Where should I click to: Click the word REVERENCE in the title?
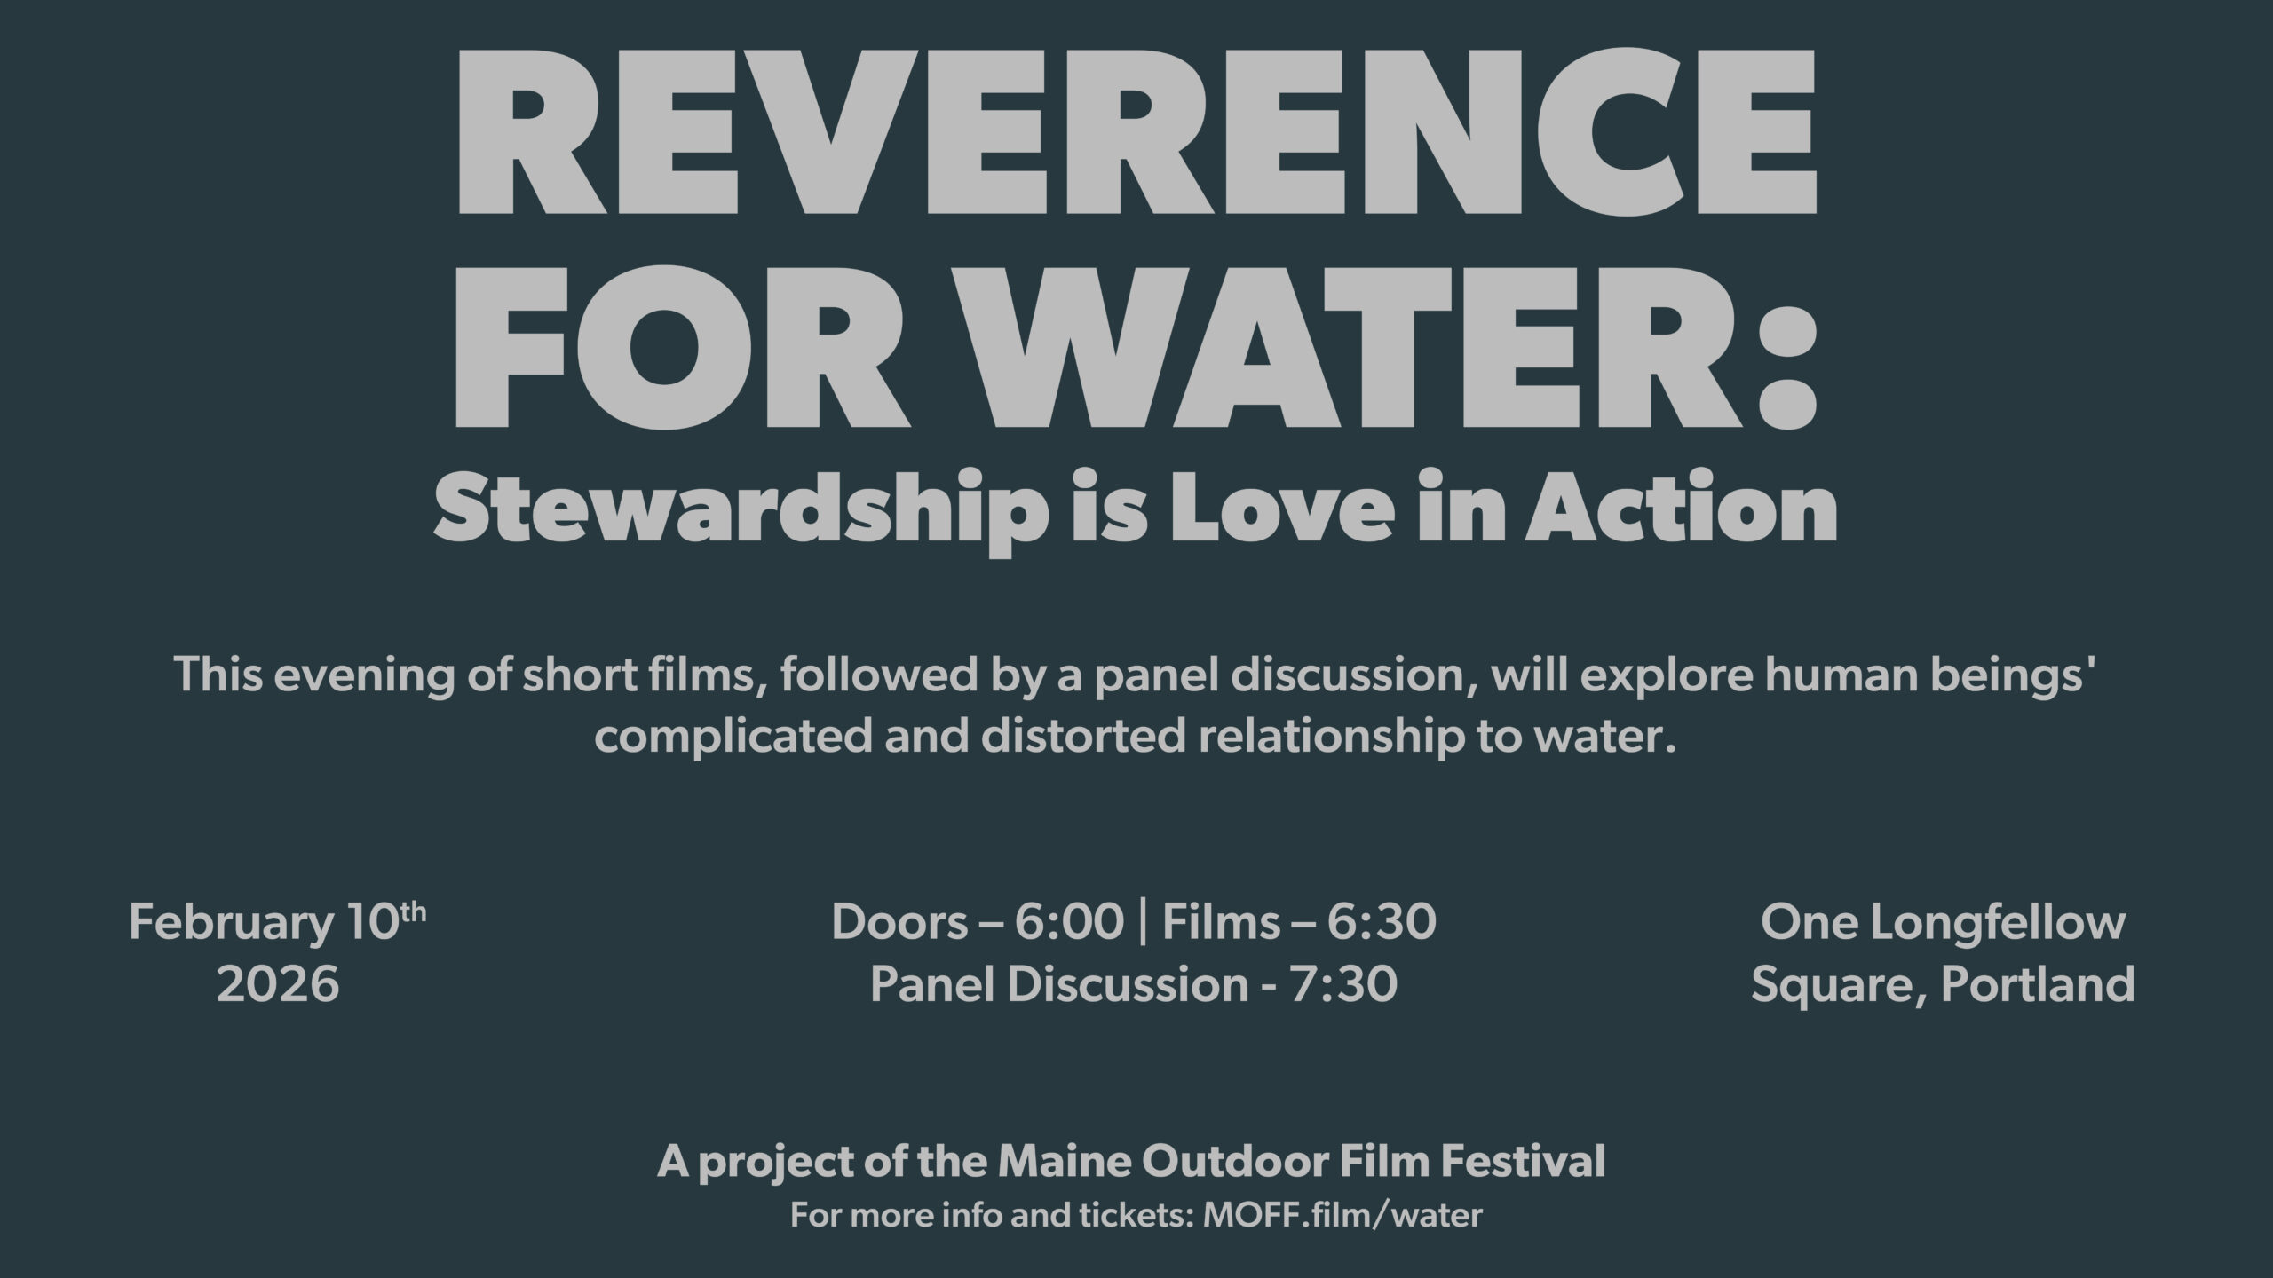[1136, 131]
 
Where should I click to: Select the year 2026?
[278, 985]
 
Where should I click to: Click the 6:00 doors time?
[1070, 923]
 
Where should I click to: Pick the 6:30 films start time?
[1382, 923]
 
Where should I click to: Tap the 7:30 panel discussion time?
[1344, 985]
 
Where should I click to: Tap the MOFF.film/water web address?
[1342, 1215]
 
